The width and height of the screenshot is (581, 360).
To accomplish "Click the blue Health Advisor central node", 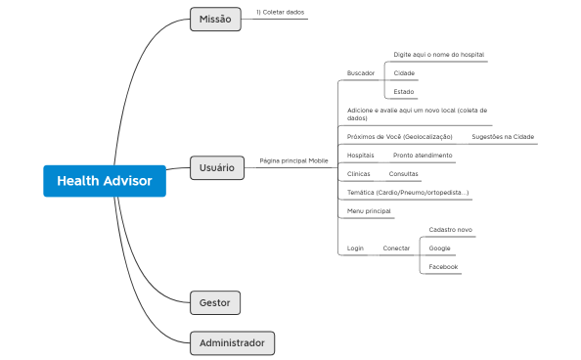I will click(104, 181).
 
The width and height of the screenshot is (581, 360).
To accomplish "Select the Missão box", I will click(214, 20).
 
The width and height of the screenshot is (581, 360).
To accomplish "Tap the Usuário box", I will click(215, 167).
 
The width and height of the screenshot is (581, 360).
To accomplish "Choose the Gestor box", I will click(214, 302).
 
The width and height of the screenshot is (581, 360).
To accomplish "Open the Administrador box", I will click(232, 343).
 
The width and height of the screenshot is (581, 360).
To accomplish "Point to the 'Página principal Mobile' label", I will click(293, 160).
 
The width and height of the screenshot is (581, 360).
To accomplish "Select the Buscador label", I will click(361, 73).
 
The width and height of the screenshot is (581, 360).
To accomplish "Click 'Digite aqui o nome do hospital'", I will click(439, 55).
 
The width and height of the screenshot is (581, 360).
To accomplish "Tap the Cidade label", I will click(404, 73).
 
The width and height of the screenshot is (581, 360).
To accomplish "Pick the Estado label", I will click(404, 92).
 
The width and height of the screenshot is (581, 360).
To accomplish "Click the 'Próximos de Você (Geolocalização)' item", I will click(400, 137).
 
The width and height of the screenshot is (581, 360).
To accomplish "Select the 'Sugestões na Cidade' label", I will click(503, 137).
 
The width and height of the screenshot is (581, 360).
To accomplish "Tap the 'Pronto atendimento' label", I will click(423, 156).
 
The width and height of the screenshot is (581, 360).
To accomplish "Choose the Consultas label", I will click(404, 174).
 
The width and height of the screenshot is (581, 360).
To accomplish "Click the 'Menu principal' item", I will click(369, 211).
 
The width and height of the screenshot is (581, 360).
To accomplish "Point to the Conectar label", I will click(396, 248).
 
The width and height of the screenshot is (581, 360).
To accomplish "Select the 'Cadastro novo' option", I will click(451, 230).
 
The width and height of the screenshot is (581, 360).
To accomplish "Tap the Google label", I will click(440, 248).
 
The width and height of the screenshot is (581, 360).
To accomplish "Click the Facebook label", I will click(443, 267).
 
